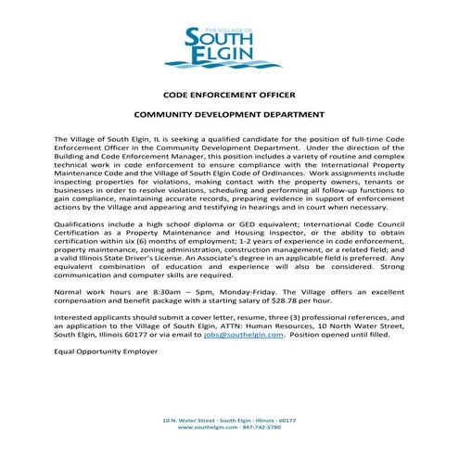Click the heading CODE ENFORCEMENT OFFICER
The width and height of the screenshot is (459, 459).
coord(229,95)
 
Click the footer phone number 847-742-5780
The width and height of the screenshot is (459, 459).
coord(261,427)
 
